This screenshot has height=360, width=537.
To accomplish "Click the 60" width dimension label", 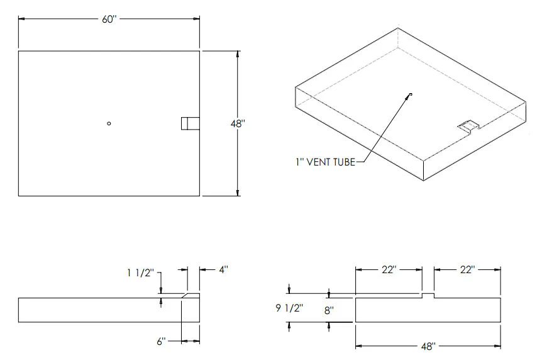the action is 109,20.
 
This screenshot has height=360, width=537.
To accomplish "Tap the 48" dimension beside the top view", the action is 238,124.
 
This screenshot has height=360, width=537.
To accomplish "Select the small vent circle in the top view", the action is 109,123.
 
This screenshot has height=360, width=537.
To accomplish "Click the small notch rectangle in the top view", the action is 191,123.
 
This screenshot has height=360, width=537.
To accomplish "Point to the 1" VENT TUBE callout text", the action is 325,162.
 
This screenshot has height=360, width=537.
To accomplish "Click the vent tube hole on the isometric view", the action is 411,94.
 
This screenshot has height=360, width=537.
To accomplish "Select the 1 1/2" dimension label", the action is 140,273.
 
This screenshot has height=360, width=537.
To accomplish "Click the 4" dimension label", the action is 224,270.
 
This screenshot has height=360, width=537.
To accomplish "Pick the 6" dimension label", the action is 162,342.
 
